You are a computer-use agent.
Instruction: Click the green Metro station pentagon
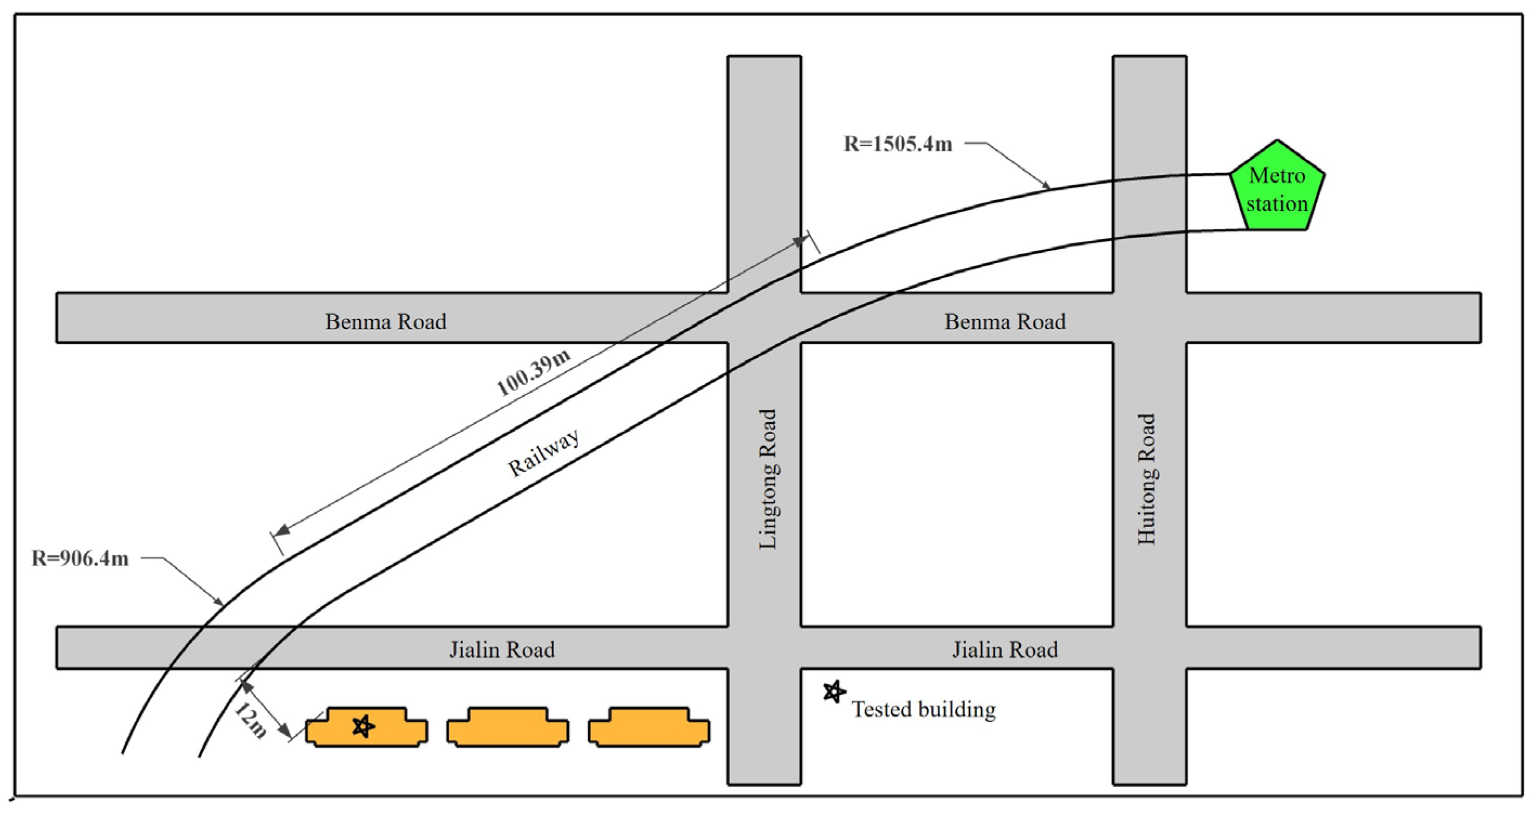pyautogui.click(x=1277, y=189)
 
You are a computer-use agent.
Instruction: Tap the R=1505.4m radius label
pyautogui.click(x=897, y=145)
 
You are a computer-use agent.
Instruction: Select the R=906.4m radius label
pyautogui.click(x=80, y=559)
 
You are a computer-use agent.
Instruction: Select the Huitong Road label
pyautogui.click(x=1146, y=479)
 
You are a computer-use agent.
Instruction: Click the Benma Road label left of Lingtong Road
pyautogui.click(x=385, y=322)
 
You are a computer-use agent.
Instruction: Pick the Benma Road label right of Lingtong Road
pyautogui.click(x=1005, y=322)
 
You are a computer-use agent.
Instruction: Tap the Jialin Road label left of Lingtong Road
pyautogui.click(x=502, y=650)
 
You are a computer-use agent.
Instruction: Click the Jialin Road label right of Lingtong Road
pyautogui.click(x=1005, y=650)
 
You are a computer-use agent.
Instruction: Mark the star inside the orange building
pyautogui.click(x=363, y=727)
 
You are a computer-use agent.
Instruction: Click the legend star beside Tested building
pyautogui.click(x=834, y=692)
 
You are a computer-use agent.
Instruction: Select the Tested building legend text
pyautogui.click(x=924, y=710)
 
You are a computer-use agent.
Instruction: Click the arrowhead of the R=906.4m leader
pyautogui.click(x=219, y=601)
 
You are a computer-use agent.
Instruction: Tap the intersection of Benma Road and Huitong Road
pyautogui.click(x=1150, y=318)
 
